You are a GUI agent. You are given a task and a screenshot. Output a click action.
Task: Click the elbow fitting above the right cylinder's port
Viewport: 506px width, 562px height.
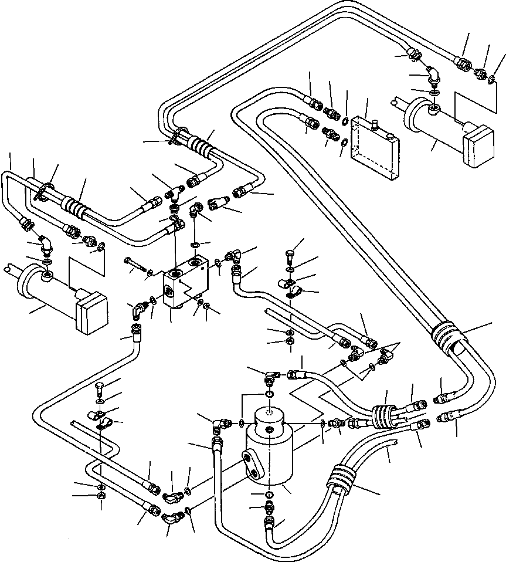[434, 77]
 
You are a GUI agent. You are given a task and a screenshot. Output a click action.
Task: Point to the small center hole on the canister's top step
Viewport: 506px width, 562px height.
[270, 432]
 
